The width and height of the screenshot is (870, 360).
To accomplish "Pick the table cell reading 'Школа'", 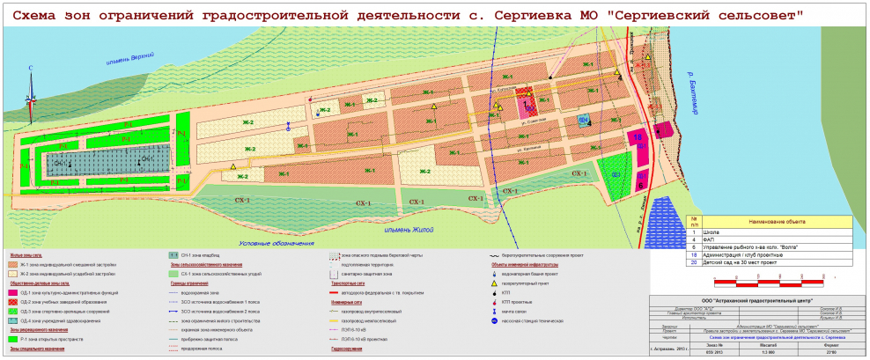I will [714, 231].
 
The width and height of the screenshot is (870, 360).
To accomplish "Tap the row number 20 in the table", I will [694, 262].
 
